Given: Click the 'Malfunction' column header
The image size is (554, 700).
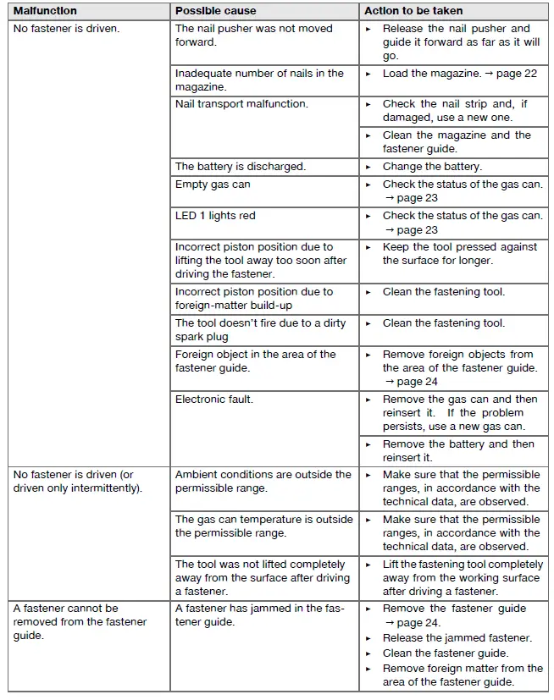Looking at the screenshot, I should coord(45,11).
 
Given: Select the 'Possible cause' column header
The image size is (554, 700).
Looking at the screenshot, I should coord(215,11).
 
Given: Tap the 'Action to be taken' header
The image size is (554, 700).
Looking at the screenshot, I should coord(413,11).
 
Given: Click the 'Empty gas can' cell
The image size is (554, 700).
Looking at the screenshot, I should coord(213,185).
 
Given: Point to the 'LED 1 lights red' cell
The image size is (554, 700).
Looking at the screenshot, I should coord(215,216).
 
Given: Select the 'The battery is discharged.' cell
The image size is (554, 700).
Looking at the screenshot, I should coord(241,167).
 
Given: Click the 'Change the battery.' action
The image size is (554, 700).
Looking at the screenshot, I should coord(432,167).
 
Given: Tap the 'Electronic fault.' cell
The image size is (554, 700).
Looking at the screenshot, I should coord(214,399).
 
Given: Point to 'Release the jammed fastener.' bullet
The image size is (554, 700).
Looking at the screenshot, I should coord(457,638).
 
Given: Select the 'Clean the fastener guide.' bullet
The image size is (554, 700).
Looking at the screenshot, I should coord(446,653).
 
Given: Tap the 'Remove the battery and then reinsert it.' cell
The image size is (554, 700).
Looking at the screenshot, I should coord(458,450).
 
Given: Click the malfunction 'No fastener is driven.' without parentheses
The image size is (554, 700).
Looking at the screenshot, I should coord(66,29).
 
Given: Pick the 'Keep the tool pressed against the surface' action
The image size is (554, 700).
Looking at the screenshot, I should coord(460,254).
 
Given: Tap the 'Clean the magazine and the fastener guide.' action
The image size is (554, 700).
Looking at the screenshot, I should coord(457,142).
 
